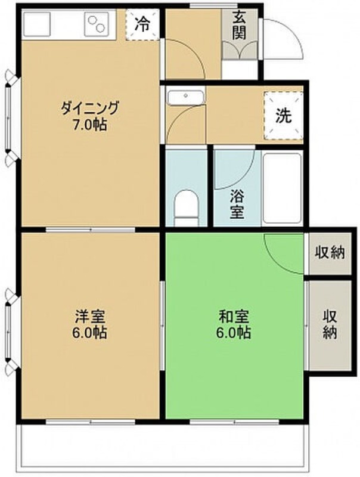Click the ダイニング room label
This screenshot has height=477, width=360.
tap(89, 109)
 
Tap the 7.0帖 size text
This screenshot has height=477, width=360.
tap(89, 126)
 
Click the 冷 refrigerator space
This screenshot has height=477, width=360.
tap(143, 24)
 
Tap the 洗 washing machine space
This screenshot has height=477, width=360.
tap(284, 116)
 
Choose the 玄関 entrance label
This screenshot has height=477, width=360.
tap(240, 26)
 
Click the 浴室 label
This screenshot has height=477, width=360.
tap(237, 203)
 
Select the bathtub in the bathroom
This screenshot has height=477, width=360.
tap(282, 188)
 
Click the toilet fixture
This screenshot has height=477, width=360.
tap(186, 206)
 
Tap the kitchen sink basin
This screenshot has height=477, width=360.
tap(38, 24)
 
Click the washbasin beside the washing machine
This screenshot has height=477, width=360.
tap(185, 96)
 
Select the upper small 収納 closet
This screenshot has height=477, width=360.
tap(330, 252)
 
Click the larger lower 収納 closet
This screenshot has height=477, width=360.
tap(330, 324)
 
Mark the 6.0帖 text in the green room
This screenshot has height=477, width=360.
tap(234, 333)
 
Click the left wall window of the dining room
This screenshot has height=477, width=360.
tap(10, 117)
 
